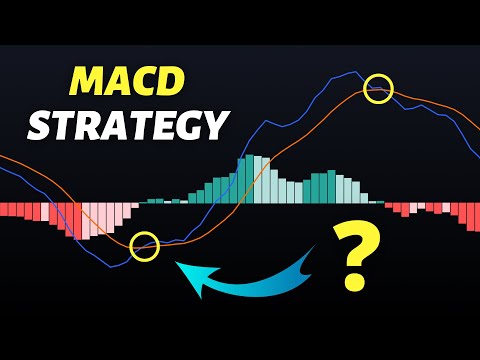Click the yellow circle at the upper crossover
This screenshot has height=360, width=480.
click(378, 89)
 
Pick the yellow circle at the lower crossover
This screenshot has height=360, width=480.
click(145, 245)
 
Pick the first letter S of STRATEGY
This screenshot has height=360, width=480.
click(41, 127)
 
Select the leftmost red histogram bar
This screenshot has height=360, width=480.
click(5, 210)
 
